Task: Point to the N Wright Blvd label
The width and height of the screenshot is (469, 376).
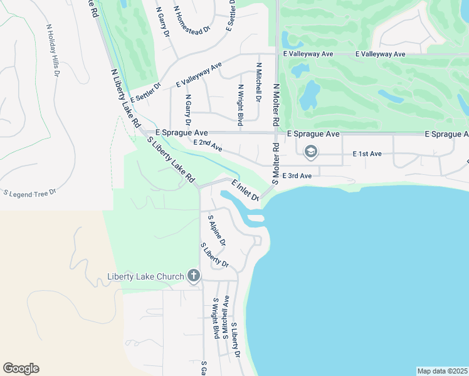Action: pyautogui.click(x=240, y=106)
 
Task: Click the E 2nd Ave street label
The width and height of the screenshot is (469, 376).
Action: pyautogui.click(x=208, y=145)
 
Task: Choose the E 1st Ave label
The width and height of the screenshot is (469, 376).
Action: pyautogui.click(x=367, y=154)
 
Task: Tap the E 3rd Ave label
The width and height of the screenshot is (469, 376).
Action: pyautogui.click(x=297, y=176)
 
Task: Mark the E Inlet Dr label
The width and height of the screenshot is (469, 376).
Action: pyautogui.click(x=245, y=190)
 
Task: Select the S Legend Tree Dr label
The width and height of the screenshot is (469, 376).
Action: pyautogui.click(x=30, y=192)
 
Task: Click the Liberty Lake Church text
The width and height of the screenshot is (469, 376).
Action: pyautogui.click(x=145, y=276)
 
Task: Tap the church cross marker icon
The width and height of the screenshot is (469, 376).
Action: pyautogui.click(x=194, y=276)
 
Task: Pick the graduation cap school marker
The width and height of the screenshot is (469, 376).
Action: pyautogui.click(x=310, y=152)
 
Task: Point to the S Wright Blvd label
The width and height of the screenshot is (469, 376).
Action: pyautogui.click(x=215, y=318)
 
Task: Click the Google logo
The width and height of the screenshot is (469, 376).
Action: pyautogui.click(x=21, y=368)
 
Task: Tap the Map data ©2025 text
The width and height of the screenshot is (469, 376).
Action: pyautogui.click(x=442, y=371)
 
